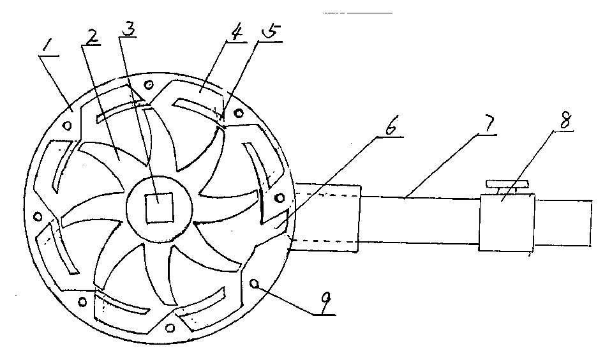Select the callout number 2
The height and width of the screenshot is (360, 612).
(x=93, y=38)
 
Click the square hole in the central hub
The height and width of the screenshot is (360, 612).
(x=156, y=208)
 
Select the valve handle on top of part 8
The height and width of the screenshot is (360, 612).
(x=508, y=184)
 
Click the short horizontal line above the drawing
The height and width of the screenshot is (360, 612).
(x=357, y=13)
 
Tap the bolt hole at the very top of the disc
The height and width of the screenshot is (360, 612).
(x=149, y=84)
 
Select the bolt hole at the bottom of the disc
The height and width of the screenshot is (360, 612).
(x=169, y=328)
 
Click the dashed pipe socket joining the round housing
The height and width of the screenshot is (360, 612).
(x=325, y=217)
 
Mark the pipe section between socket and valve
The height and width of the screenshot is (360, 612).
(x=418, y=220)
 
